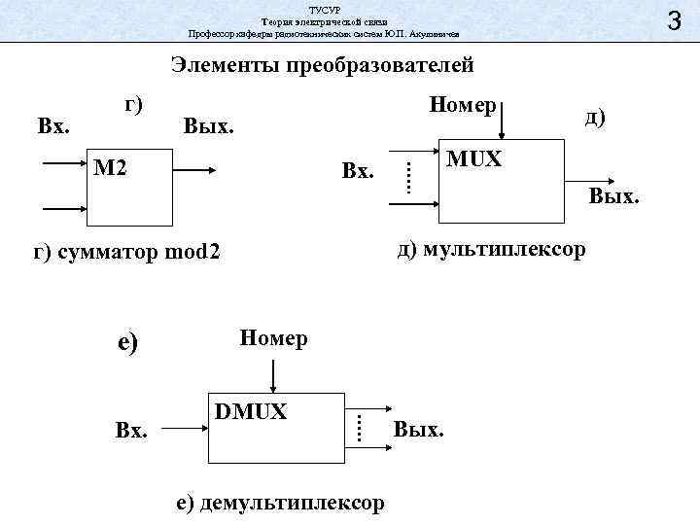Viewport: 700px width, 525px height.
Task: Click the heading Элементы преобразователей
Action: click(x=322, y=66)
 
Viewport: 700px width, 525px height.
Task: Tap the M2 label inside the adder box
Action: click(x=113, y=168)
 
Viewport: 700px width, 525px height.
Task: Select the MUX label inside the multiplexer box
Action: click(x=473, y=158)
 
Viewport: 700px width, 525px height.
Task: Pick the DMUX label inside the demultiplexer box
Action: click(x=251, y=412)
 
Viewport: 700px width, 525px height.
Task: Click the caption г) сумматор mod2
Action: click(x=127, y=254)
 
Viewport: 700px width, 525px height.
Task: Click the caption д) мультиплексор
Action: click(x=491, y=250)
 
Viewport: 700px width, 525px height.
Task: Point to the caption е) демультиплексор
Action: click(x=280, y=503)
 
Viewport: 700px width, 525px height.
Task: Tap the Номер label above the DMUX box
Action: click(x=274, y=338)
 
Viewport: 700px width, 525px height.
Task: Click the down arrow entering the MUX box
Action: click(x=501, y=124)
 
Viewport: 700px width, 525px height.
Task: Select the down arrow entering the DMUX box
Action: click(x=274, y=374)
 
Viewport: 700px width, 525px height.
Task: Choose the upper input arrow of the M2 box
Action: click(x=65, y=166)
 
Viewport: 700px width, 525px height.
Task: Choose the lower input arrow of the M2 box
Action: click(x=65, y=207)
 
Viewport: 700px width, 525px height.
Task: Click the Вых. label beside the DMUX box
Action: click(x=419, y=429)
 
